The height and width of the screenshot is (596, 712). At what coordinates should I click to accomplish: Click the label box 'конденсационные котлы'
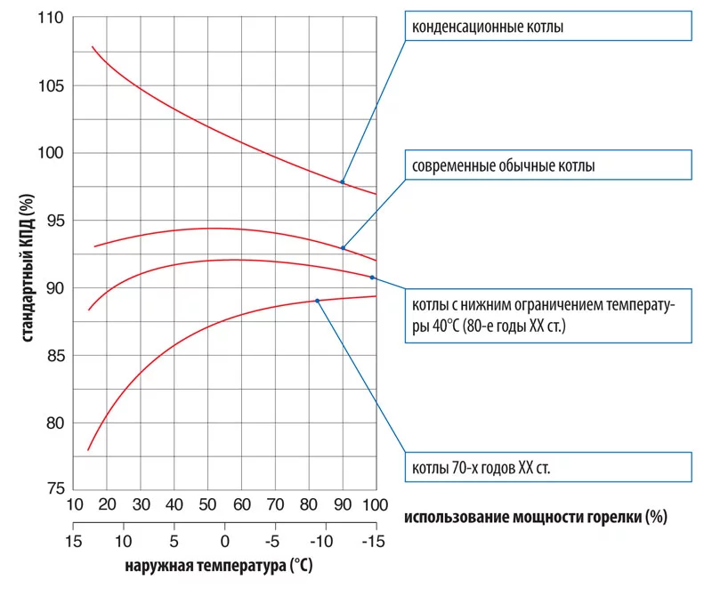click(x=546, y=26)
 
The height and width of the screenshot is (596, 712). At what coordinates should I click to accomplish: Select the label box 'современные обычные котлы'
click(x=546, y=165)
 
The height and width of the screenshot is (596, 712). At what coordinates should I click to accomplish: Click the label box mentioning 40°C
click(x=546, y=315)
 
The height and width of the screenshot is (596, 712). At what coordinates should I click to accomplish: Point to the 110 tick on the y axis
click(x=49, y=19)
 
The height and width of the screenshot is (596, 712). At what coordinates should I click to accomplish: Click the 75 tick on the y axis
click(x=53, y=488)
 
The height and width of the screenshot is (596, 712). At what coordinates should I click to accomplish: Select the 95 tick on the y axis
click(x=53, y=221)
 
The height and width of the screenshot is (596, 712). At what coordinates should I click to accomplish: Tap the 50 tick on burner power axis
click(x=207, y=505)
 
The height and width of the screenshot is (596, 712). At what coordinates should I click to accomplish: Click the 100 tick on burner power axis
click(x=374, y=505)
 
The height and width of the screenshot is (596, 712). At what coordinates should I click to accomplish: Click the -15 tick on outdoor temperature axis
click(x=374, y=540)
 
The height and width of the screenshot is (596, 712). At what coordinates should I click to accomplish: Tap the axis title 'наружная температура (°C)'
click(x=218, y=565)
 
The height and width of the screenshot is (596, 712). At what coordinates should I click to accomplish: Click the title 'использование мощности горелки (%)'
click(x=535, y=516)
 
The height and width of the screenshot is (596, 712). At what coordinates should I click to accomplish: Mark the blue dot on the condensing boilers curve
click(x=342, y=181)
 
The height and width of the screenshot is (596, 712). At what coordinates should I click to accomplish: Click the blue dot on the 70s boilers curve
click(x=317, y=301)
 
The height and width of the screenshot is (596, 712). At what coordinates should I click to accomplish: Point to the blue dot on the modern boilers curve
click(x=343, y=248)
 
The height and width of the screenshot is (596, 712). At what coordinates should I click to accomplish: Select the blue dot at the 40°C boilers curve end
click(x=372, y=278)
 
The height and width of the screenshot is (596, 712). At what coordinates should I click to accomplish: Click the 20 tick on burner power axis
click(x=107, y=505)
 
